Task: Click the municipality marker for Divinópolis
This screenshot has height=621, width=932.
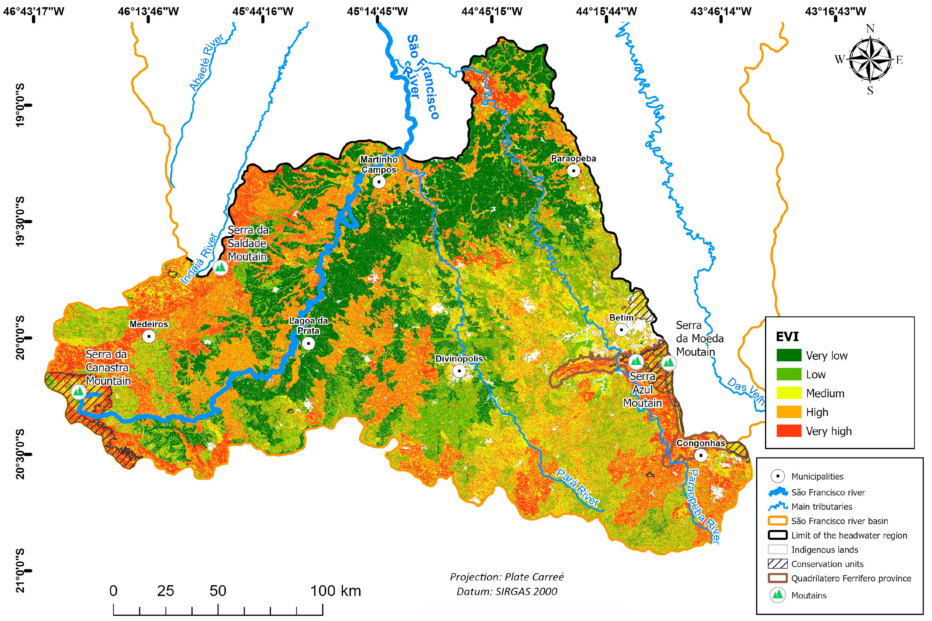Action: [x=459, y=371]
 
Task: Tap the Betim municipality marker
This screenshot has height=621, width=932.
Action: [x=621, y=330]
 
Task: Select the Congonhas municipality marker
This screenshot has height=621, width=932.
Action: [x=701, y=455]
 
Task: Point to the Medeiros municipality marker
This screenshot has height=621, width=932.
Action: [x=149, y=336]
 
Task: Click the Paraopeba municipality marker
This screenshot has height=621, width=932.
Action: [x=574, y=171]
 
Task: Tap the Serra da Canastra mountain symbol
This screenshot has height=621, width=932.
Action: [x=78, y=392]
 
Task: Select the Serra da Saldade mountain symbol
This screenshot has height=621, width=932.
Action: [x=220, y=267]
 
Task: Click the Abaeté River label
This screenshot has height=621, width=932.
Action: [x=206, y=62]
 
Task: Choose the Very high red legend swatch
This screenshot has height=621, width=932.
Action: [x=789, y=431]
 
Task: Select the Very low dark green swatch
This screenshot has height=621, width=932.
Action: [x=789, y=355]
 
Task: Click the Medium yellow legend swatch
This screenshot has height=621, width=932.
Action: [x=789, y=393]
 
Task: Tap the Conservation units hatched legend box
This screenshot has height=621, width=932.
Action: [x=777, y=564]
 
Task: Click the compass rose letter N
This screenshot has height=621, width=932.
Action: [x=870, y=29]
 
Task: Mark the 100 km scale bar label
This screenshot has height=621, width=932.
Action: [x=335, y=591]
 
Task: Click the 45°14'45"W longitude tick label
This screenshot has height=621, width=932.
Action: [x=377, y=12]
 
